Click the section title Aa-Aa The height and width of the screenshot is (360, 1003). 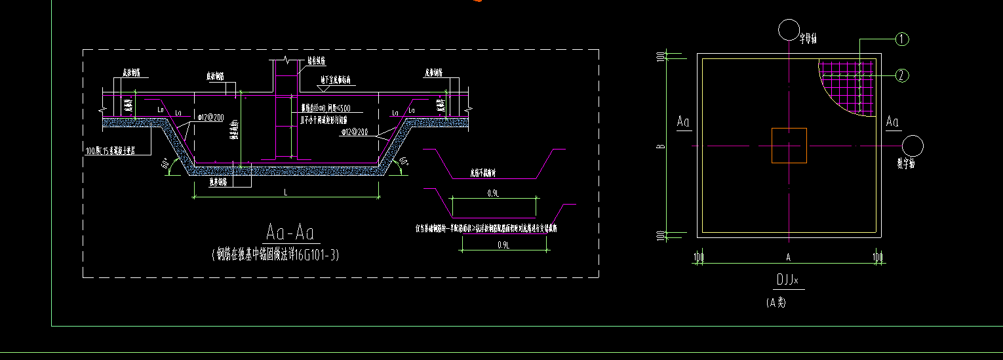(x=292, y=233)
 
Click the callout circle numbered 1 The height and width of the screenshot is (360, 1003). (x=902, y=39)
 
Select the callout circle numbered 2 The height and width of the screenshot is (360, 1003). (x=902, y=75)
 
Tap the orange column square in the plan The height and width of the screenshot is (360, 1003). (x=789, y=145)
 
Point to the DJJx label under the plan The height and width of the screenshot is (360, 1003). (x=787, y=280)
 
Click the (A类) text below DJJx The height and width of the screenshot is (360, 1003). (x=776, y=302)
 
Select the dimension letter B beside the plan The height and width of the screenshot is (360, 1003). (x=662, y=145)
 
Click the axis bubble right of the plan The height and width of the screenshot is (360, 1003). (x=913, y=146)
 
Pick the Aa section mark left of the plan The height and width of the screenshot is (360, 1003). (x=683, y=122)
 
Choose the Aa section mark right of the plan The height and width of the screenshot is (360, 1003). (x=892, y=122)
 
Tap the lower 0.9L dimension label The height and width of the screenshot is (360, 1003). (x=504, y=245)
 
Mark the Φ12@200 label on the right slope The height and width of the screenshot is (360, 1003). (x=354, y=132)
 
